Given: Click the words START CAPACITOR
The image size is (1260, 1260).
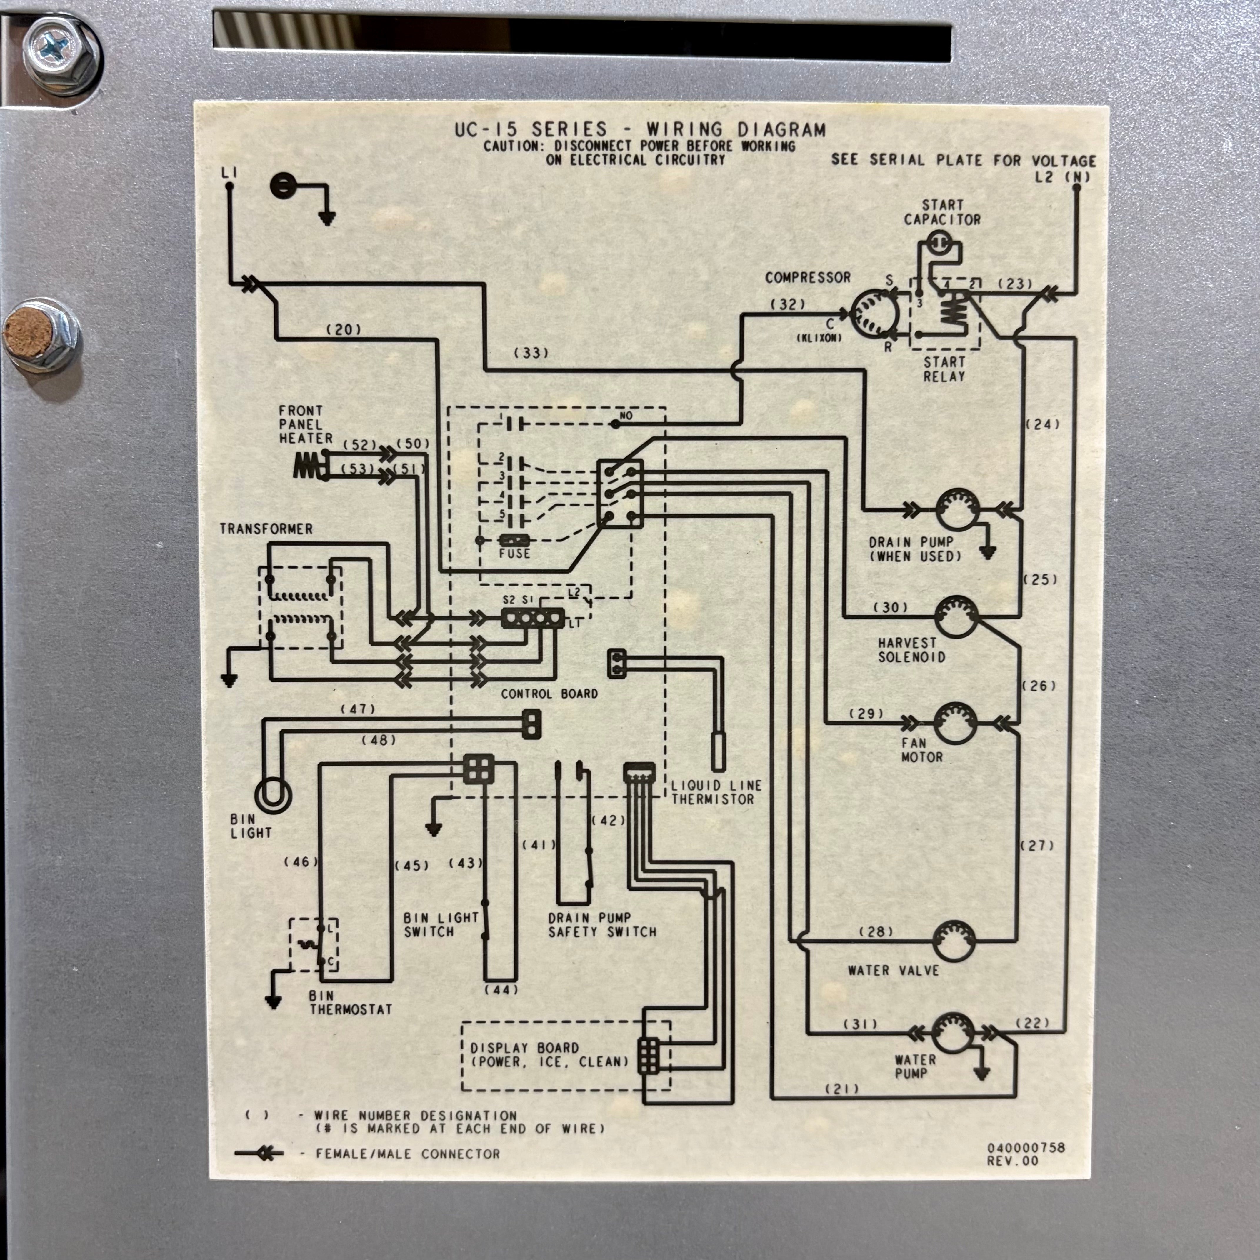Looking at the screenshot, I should tap(942, 213).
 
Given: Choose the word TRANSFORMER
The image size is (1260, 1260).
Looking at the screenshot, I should tap(266, 529).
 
